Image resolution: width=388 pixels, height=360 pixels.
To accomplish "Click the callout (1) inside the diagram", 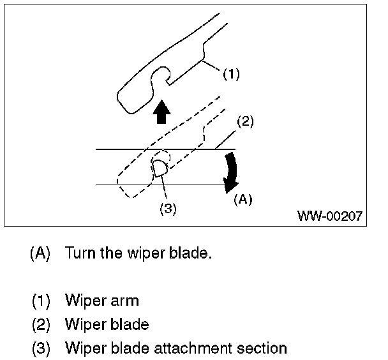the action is (232, 74).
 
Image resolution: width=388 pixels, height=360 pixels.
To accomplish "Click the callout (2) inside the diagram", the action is (245, 121).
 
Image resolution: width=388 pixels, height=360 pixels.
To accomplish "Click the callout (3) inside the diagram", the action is (168, 209).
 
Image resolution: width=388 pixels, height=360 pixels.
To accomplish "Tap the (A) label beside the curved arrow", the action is (243, 199).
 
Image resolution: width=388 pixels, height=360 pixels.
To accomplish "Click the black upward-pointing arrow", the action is (162, 112).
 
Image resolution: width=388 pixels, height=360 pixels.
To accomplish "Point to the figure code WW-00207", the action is (330, 216).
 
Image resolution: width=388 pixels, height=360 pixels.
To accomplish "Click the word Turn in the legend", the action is (80, 253).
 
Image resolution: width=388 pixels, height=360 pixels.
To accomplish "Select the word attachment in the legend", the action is (193, 348).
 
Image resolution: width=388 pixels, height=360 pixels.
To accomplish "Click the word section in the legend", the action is (262, 348).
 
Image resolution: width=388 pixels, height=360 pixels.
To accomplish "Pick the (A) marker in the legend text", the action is (40, 253).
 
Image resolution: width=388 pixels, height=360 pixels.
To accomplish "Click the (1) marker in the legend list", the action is (41, 301).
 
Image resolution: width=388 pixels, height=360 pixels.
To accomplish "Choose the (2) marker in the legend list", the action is (41, 325).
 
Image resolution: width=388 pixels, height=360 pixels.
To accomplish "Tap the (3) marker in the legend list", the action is (41, 348).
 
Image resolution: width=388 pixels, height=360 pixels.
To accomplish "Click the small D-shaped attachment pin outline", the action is (160, 169).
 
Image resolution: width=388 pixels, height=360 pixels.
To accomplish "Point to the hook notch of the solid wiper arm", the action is (161, 73).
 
